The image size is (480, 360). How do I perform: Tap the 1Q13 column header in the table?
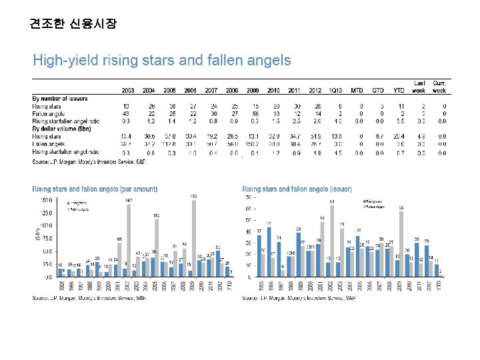(x=317, y=91)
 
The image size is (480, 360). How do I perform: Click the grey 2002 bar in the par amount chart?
(x=129, y=240)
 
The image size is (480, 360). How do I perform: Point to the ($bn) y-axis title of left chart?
(x=37, y=233)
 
